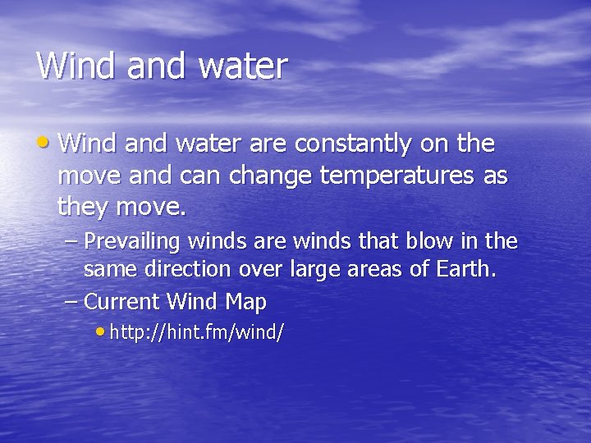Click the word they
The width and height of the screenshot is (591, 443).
[83, 208]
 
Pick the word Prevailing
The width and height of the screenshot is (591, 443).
[133, 243]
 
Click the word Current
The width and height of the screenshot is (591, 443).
[121, 302]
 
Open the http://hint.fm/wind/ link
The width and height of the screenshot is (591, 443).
[196, 333]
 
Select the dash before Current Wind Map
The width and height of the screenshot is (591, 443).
[72, 302]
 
